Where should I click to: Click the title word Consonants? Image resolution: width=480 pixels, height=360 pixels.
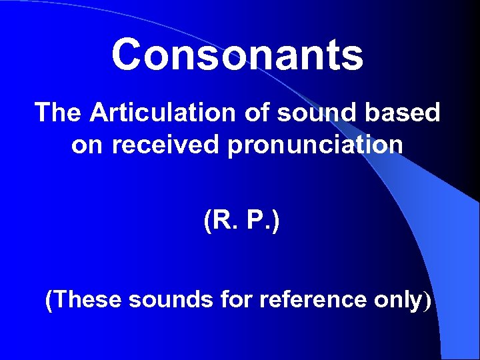point(237,55)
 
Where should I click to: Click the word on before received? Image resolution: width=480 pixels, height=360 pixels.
point(87,145)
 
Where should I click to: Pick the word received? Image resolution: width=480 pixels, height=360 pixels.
point(166,145)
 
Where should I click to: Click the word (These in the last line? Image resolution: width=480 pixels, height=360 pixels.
point(83,300)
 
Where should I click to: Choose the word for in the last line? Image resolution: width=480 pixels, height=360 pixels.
point(235,300)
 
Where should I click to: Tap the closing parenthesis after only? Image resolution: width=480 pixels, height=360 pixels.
point(427,301)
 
